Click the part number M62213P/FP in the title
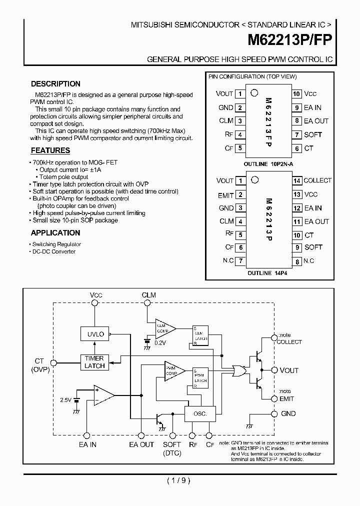point(290,40)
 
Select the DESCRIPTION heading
point(55,84)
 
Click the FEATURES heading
point(50,150)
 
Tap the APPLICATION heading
point(55,232)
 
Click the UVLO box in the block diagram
point(94,333)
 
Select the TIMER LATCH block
point(94,362)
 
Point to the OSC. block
point(200,414)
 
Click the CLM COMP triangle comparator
point(164,328)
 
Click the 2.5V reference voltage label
point(66,400)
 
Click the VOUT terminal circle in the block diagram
point(273,370)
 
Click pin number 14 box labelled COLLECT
point(296,181)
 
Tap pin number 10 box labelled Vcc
point(296,94)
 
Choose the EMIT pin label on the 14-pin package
point(225,195)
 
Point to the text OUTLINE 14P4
point(267,273)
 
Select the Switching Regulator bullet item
point(56,244)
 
